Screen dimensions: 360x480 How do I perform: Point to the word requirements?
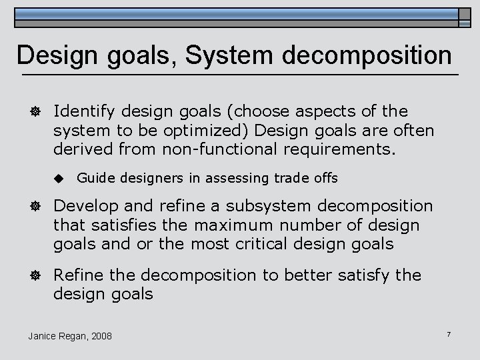pos(346,149)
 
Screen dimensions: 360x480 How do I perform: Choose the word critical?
pos(235,244)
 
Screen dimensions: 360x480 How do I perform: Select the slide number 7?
pos(449,333)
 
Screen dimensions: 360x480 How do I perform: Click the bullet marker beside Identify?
pos(32,111)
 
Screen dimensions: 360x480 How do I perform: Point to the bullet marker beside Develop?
pos(32,207)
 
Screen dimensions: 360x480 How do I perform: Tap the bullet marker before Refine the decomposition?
pos(32,275)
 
